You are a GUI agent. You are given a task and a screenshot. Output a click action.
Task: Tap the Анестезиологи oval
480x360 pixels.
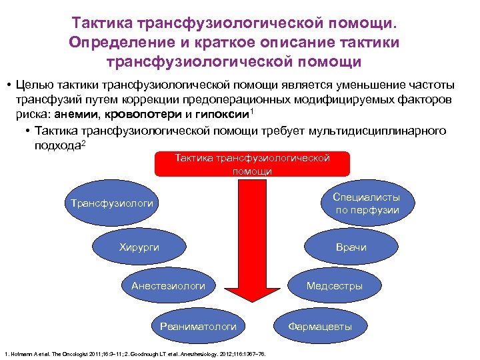168,286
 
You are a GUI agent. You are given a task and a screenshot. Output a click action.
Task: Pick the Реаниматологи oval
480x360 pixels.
198,326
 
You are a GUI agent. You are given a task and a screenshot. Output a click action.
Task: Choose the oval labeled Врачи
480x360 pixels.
351,247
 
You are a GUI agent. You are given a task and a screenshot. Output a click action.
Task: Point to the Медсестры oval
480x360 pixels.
335,286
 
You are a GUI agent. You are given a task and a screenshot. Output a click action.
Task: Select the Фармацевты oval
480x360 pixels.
319,326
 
